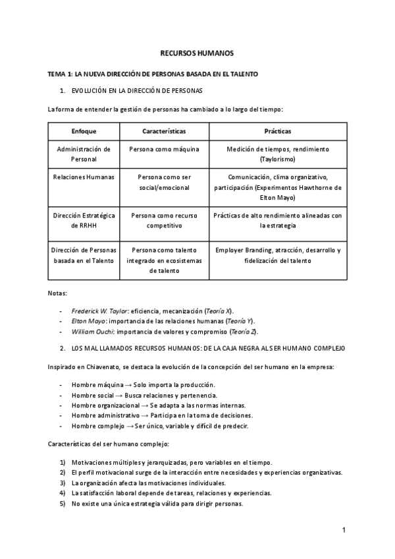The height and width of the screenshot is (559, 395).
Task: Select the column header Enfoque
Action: tap(84, 131)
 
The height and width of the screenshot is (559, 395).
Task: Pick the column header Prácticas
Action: tap(277, 131)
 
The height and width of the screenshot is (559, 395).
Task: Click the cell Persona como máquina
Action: tap(164, 150)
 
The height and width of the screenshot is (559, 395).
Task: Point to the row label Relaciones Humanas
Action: tap(84, 178)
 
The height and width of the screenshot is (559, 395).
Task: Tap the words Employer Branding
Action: tap(243, 250)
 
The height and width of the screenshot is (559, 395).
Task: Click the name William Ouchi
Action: tap(90, 330)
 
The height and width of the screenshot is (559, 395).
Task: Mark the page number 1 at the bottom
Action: tap(344, 529)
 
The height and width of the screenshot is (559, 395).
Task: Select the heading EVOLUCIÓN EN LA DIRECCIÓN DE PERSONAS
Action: tap(137, 90)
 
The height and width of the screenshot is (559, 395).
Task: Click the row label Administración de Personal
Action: tap(84, 154)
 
